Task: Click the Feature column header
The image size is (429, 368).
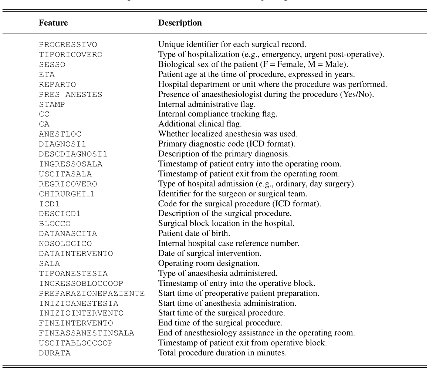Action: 53,23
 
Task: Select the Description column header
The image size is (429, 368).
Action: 180,23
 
